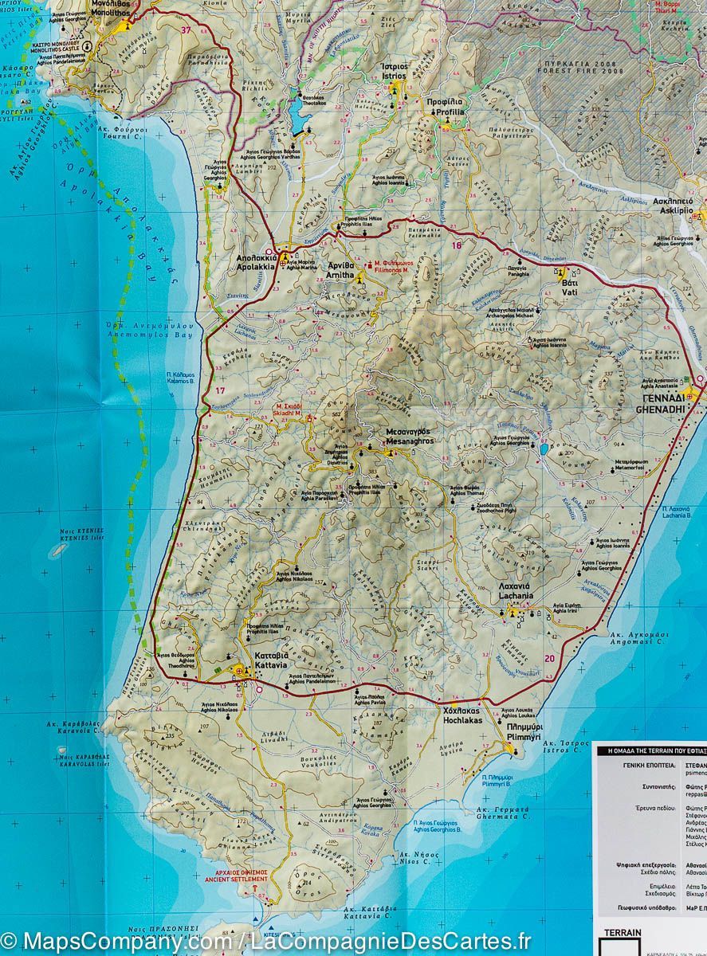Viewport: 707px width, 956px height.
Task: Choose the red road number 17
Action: (221, 390)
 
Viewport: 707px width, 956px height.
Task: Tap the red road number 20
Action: (549, 658)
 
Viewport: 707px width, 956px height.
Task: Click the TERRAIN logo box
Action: (618, 939)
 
